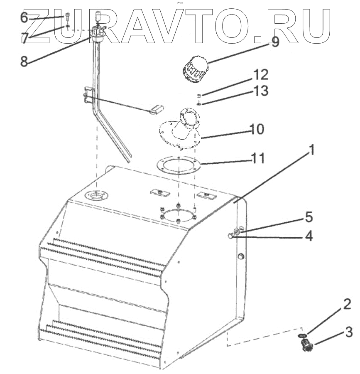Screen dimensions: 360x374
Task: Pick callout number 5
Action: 308,217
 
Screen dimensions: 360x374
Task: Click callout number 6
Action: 24,17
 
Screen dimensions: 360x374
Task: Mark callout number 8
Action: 24,61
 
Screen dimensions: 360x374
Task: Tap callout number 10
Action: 256,129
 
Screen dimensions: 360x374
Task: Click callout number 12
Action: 260,75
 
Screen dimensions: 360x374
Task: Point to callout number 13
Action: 260,90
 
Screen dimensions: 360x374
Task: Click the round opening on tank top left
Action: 95,195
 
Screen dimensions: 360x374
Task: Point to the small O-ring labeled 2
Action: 303,335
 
